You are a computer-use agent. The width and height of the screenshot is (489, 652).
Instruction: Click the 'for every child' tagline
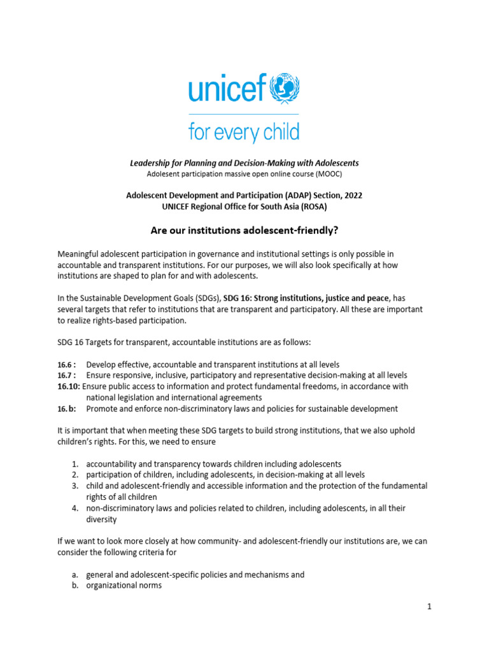coord(244,132)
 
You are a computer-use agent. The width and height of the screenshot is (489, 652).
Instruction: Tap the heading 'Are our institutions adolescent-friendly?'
coord(244,230)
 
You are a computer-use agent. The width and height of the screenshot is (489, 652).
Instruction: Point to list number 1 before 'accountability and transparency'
coord(74,464)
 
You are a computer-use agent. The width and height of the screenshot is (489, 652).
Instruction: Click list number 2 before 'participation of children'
coord(74,475)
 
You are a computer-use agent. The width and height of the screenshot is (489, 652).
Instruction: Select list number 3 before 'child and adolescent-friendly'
coord(74,486)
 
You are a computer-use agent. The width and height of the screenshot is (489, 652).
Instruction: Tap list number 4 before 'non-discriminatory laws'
coord(74,508)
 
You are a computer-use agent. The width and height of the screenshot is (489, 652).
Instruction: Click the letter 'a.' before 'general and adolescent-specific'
coord(74,574)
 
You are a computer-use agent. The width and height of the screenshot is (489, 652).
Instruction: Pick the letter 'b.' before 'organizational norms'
coord(74,586)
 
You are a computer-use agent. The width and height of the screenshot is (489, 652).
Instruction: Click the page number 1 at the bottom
coord(429,607)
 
